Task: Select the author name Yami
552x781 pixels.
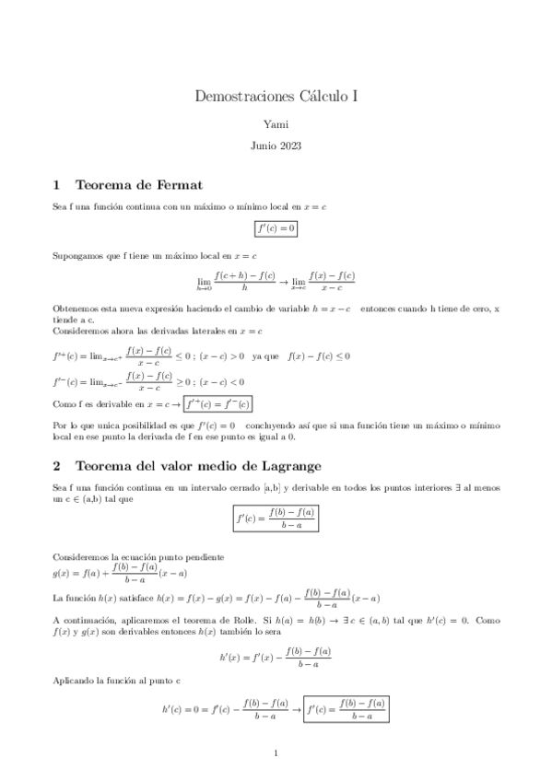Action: [x=276, y=122]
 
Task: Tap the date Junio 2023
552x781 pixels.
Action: [x=276, y=146]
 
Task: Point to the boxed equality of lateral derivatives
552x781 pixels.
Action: [x=217, y=403]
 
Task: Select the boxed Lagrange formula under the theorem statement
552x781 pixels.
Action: [x=276, y=520]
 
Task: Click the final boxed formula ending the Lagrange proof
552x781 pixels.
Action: [x=346, y=710]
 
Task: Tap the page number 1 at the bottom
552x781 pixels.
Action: [x=276, y=754]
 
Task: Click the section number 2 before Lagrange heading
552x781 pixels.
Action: [x=57, y=465]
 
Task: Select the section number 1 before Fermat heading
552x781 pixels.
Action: [x=57, y=184]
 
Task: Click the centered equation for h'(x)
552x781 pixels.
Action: [x=276, y=657]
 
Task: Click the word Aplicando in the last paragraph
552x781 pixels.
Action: [x=75, y=682]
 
